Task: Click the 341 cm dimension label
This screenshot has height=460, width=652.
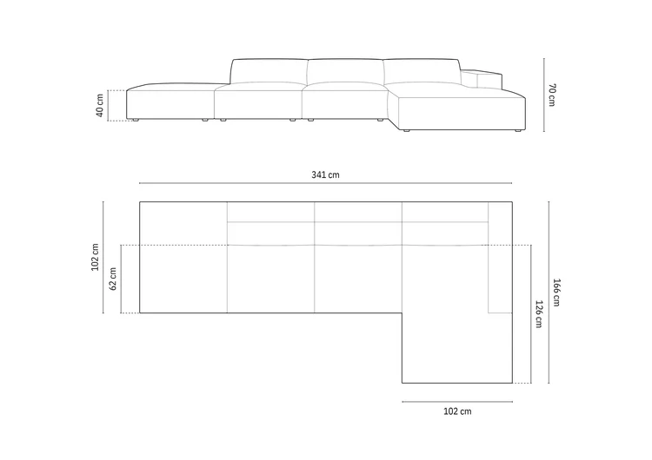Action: pos(325,174)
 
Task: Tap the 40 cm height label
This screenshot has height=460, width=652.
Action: pos(100,105)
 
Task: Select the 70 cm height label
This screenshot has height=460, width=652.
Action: pos(552,95)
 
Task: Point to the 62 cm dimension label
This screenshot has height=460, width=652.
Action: pos(113,279)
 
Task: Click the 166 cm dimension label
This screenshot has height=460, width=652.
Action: pos(556,292)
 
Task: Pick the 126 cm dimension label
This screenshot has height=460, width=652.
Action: pos(538,314)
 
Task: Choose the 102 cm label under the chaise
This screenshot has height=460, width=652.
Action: pos(457,411)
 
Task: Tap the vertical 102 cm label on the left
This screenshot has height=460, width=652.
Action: pos(96,258)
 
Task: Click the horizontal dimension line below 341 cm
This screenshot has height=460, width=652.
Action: pos(326,183)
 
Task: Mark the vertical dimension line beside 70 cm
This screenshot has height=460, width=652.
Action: pos(544,95)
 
